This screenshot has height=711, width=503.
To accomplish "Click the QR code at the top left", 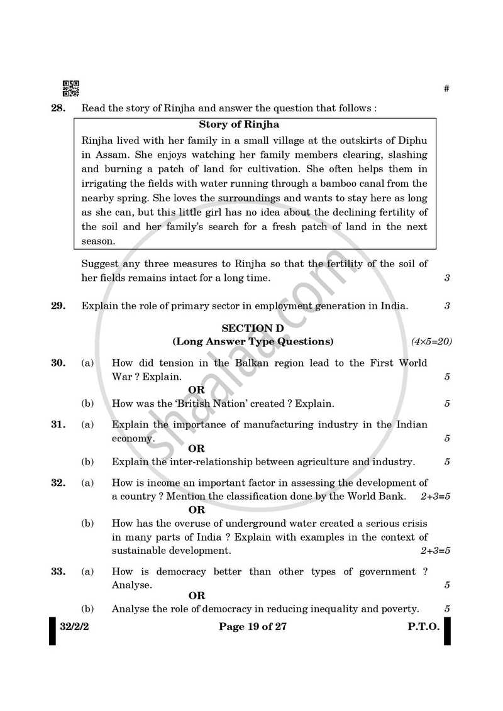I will click(x=71, y=89).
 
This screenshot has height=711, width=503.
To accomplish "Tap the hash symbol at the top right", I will click(x=446, y=89).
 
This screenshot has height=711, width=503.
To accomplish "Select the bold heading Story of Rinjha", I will click(x=239, y=125).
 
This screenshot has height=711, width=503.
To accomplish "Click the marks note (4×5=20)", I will click(x=431, y=342).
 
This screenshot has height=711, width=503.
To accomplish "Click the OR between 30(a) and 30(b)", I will click(x=196, y=390).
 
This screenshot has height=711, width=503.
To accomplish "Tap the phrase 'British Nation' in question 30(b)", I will click(x=221, y=404).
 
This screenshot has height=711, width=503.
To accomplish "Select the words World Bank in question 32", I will click(x=375, y=496).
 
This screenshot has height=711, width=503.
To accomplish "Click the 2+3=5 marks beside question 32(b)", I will click(x=435, y=551).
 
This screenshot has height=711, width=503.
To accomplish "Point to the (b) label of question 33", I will click(x=87, y=609).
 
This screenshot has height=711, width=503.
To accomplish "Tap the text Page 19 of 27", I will click(x=253, y=627).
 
